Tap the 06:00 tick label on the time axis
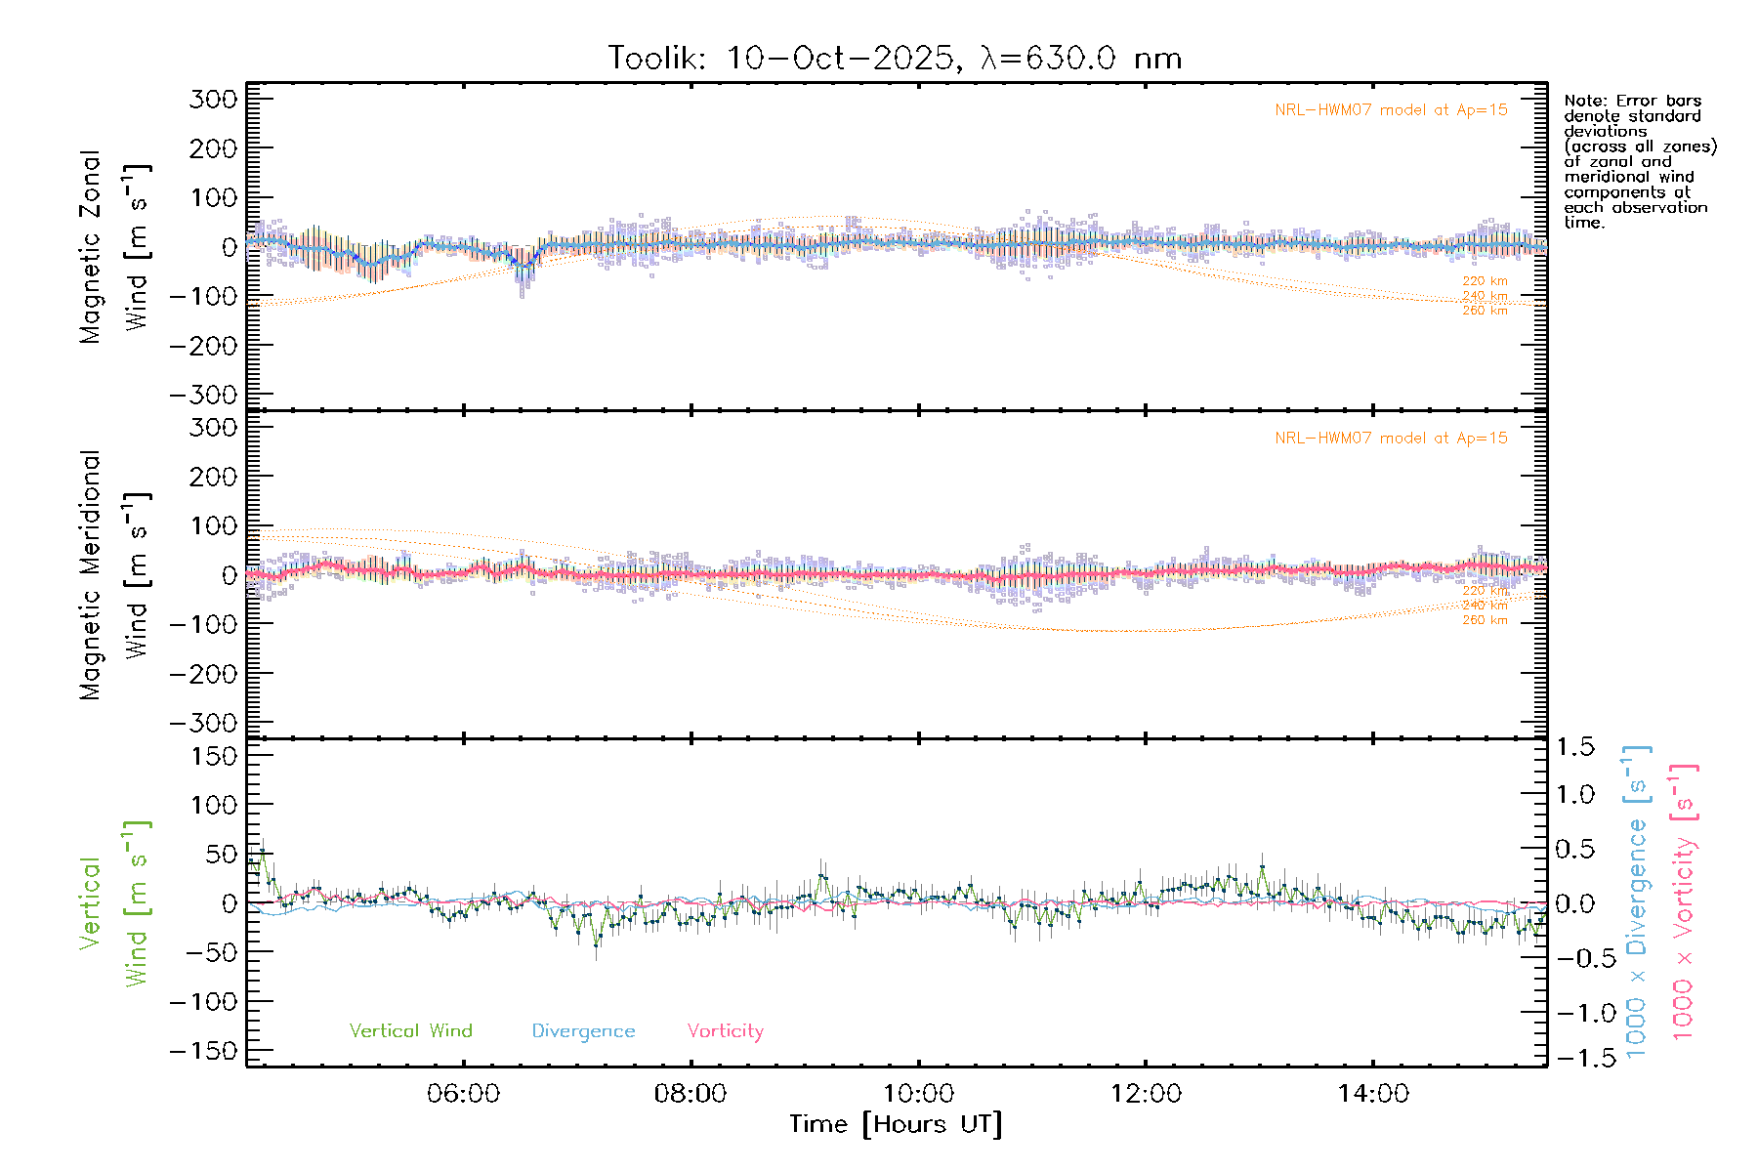(x=463, y=1094)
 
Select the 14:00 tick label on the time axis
(x=1373, y=1094)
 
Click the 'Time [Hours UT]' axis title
(x=896, y=1125)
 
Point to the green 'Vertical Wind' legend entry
(x=410, y=1031)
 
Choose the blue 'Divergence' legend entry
(x=583, y=1031)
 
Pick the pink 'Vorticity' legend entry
(x=725, y=1031)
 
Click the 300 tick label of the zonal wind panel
(x=213, y=99)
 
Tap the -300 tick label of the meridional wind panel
(x=203, y=724)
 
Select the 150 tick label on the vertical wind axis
(x=213, y=756)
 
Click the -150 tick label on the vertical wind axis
(x=203, y=1052)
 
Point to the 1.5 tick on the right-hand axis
(x=1575, y=747)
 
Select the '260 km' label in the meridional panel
(x=1485, y=620)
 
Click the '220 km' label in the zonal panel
(x=1485, y=281)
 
